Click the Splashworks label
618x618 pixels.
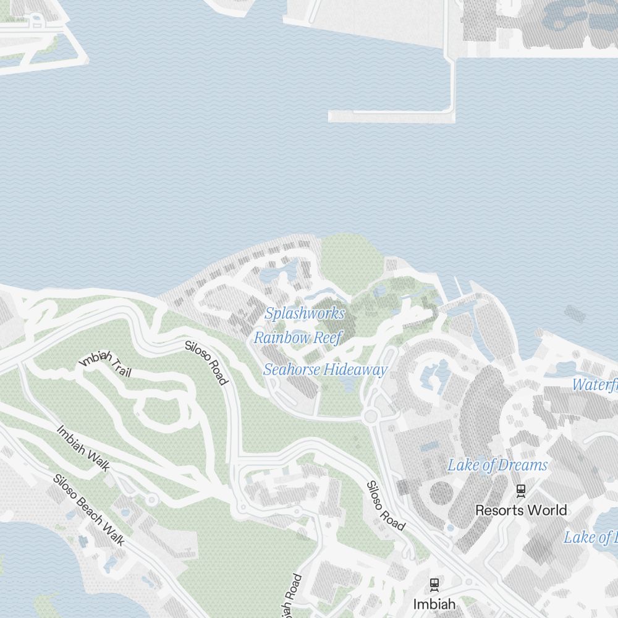coord(304,313)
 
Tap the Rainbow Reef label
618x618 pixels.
coord(297,338)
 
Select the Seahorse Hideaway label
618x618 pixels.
coord(325,370)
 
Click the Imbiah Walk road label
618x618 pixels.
coord(83,447)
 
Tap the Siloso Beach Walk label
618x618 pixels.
coord(89,510)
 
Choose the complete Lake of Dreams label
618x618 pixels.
coord(497,465)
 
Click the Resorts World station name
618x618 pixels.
coord(520,510)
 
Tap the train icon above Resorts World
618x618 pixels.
coord(521,490)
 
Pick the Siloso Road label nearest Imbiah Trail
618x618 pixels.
coord(206,362)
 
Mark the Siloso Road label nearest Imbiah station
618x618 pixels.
coord(386,506)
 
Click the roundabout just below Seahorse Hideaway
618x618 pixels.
coord(371,417)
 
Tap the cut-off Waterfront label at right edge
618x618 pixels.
coord(595,385)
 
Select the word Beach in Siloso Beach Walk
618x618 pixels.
coord(92,512)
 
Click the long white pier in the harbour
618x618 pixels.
coord(391,116)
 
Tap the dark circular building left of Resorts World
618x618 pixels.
coord(441,493)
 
